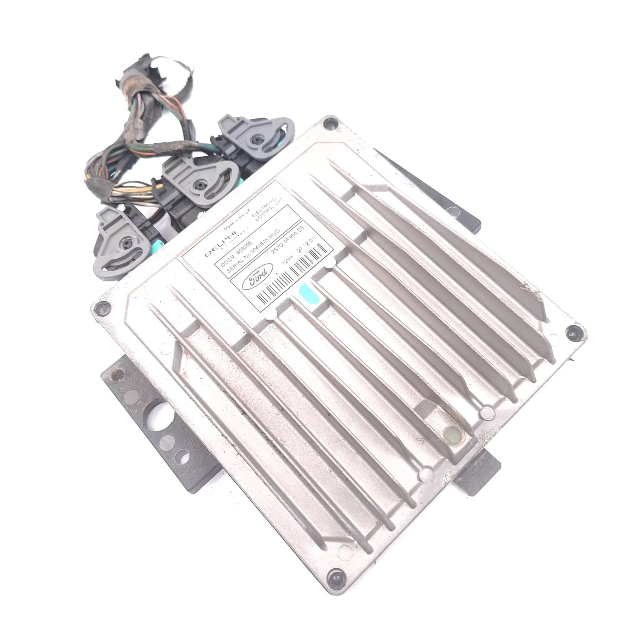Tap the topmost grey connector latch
256,140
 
